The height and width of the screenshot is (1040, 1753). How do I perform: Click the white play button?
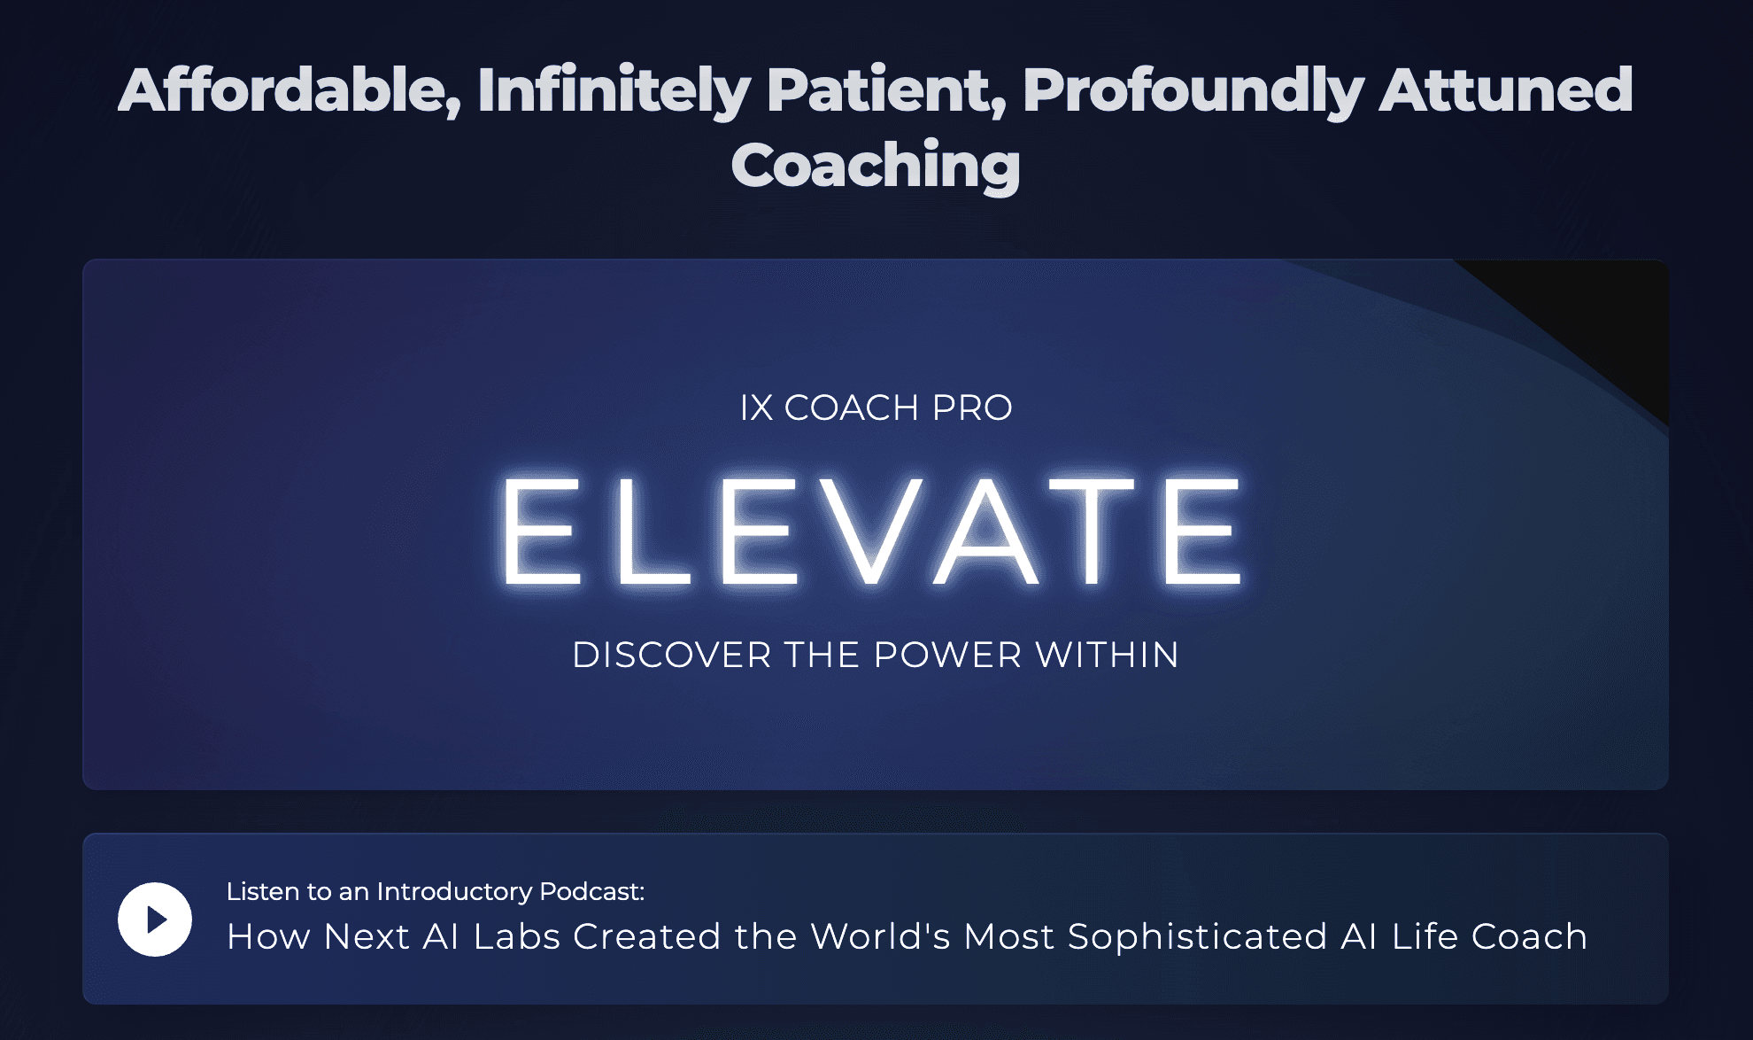click(155, 920)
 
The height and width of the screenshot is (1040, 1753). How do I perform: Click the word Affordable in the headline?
click(289, 90)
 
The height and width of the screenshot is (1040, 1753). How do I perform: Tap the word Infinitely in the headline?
click(614, 90)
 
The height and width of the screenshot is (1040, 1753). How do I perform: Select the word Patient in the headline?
click(886, 90)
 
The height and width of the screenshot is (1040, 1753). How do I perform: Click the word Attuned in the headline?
click(1506, 90)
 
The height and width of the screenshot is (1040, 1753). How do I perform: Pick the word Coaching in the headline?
click(876, 166)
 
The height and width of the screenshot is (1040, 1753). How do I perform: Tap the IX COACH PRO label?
click(876, 408)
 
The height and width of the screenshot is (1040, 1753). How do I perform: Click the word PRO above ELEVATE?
click(972, 408)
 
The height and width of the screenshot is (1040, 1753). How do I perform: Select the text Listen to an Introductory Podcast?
click(435, 891)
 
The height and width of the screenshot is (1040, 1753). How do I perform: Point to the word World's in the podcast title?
click(880, 937)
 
